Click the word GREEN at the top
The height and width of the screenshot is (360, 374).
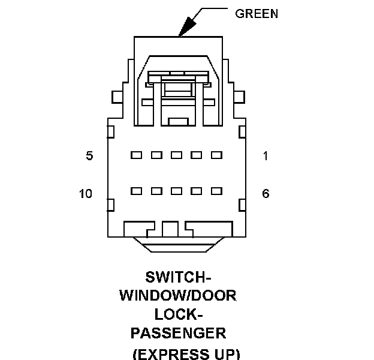(x=257, y=13)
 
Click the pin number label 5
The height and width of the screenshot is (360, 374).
(x=89, y=156)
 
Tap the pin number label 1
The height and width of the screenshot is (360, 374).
(x=266, y=156)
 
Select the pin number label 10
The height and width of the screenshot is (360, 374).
(x=86, y=193)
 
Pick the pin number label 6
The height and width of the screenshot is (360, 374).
(x=266, y=193)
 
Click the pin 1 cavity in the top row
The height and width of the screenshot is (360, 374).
(x=216, y=155)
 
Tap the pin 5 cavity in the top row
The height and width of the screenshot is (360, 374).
(x=136, y=155)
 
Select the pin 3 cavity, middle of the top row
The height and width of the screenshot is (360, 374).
(x=176, y=155)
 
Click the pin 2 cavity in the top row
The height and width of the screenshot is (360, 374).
(x=197, y=155)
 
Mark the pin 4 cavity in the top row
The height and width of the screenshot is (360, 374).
(x=156, y=155)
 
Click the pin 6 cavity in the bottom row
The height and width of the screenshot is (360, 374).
(x=216, y=191)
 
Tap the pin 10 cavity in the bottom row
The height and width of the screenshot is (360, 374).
(x=136, y=191)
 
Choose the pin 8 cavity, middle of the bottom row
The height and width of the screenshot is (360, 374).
(x=176, y=191)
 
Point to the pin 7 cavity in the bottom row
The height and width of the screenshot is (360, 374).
(x=197, y=191)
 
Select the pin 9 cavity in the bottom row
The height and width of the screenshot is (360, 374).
(x=156, y=191)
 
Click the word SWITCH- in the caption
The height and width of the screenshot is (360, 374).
(x=179, y=277)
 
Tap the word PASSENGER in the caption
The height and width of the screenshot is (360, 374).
(x=178, y=332)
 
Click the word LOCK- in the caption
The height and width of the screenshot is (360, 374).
(x=179, y=314)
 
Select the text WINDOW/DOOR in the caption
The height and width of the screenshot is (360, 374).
(x=179, y=295)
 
